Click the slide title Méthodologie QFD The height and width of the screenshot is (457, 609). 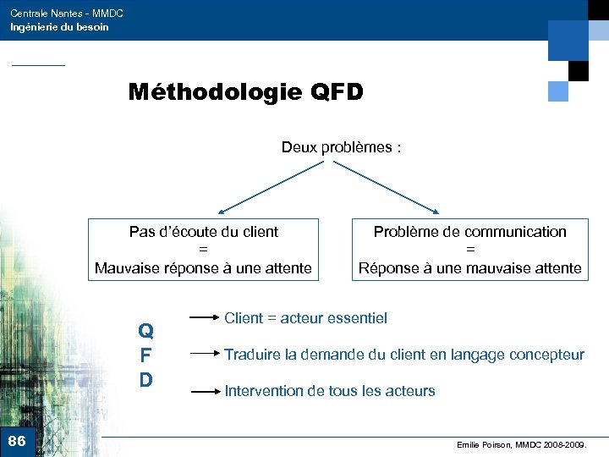tap(245, 91)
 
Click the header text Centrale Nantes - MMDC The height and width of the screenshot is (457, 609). tap(67, 14)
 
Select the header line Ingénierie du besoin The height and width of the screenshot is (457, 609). tap(59, 27)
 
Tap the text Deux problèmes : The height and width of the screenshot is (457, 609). tap(341, 147)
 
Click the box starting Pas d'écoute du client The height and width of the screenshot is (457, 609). tap(203, 250)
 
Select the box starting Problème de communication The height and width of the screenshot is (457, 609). tap(470, 250)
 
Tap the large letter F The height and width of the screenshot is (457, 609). tap(145, 355)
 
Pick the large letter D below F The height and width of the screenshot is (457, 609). tap(145, 380)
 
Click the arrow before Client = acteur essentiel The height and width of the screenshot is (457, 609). tap(204, 318)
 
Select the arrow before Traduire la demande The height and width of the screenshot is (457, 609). tap(204, 355)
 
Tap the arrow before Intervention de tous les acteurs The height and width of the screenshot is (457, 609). tap(204, 391)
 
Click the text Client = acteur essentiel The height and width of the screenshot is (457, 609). tap(305, 318)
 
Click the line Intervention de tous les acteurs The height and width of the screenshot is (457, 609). tap(329, 391)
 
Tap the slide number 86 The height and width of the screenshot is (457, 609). tap(17, 441)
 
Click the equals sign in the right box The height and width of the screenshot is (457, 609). tap(470, 250)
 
